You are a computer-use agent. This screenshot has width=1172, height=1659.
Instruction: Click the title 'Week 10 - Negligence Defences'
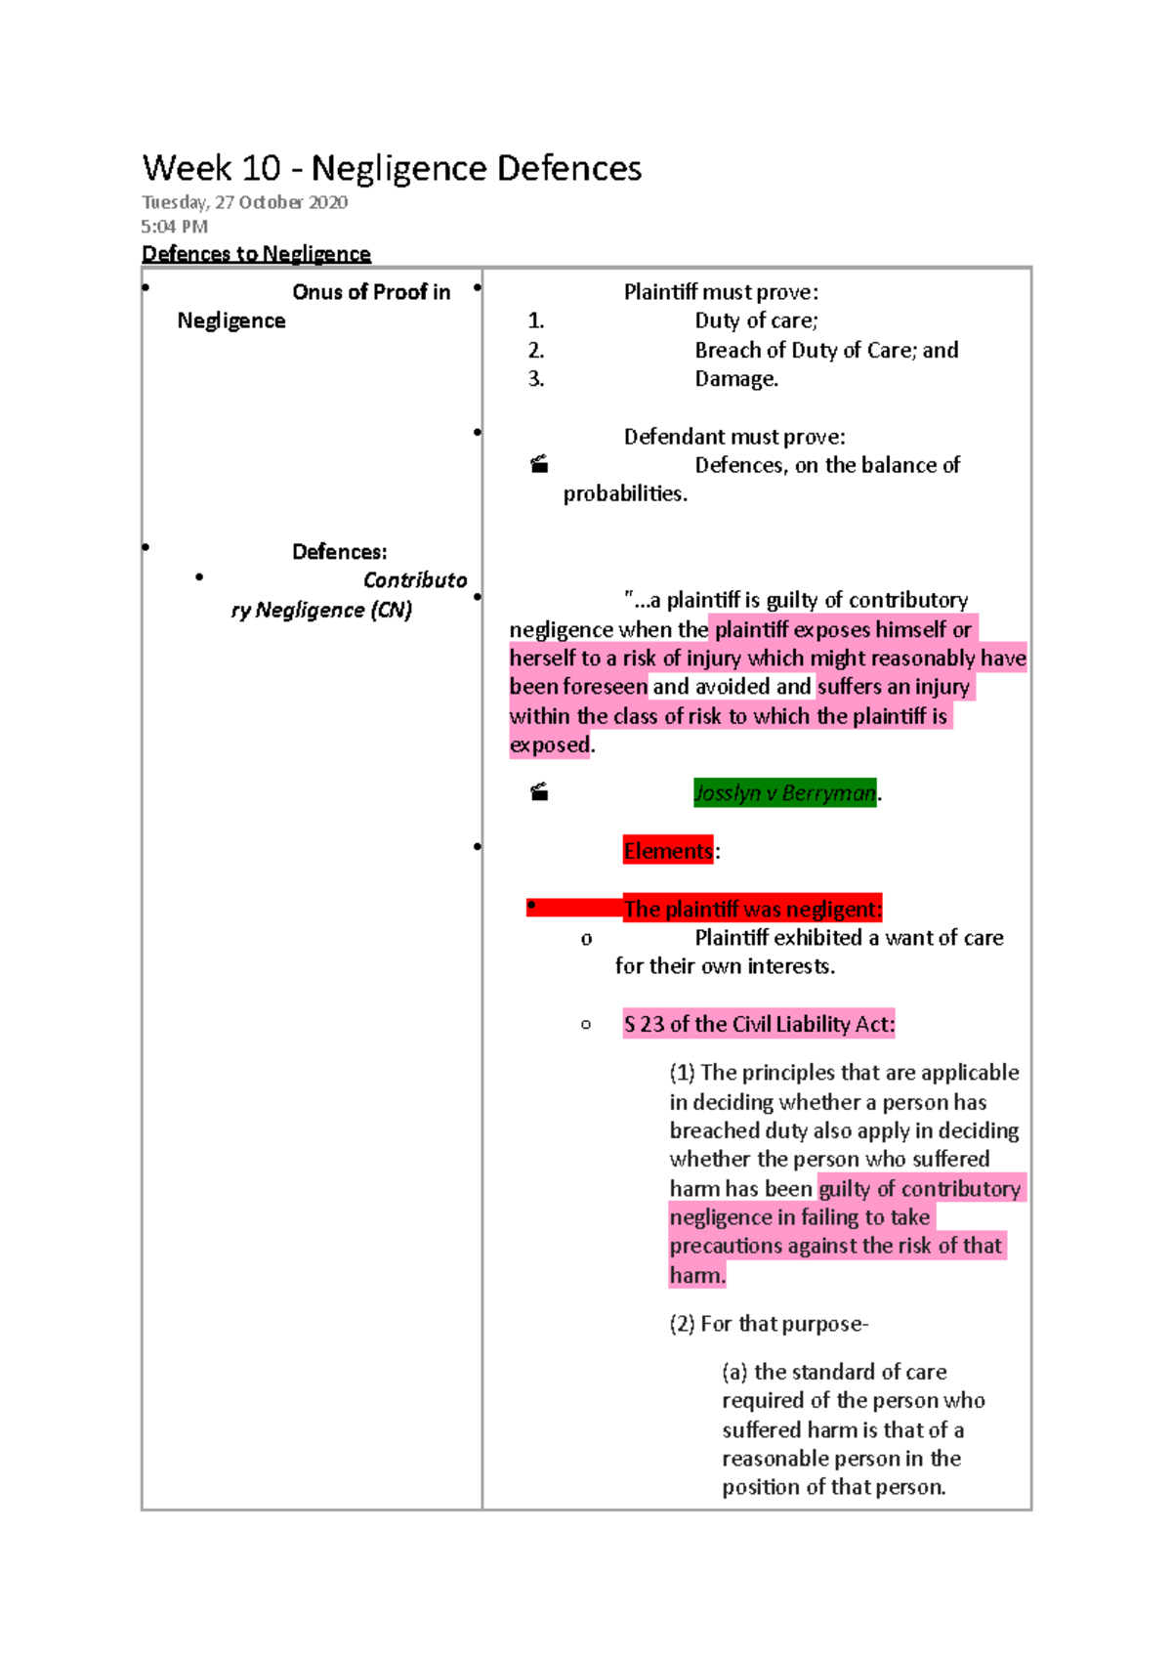392,168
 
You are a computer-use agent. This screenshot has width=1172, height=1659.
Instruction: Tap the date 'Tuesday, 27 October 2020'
244,202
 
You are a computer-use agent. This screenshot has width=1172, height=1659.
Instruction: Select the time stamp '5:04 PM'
174,227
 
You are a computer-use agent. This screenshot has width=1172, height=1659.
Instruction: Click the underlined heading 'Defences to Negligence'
256,254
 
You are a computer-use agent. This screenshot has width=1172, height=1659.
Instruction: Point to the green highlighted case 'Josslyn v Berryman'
784,792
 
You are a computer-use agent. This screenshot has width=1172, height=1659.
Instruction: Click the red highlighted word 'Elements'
668,851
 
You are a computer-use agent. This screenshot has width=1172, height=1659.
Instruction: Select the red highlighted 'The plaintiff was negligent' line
752,909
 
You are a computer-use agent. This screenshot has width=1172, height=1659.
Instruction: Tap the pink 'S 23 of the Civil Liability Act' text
759,1024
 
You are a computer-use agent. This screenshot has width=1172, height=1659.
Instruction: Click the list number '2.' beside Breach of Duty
536,350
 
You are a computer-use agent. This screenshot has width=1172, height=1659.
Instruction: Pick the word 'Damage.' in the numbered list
736,379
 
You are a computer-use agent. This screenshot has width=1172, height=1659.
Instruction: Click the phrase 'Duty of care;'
756,320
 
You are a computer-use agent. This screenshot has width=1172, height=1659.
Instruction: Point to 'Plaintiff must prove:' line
721,292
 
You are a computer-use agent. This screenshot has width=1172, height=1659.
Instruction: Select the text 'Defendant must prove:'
734,437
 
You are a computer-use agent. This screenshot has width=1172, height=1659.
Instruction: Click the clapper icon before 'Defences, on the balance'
539,465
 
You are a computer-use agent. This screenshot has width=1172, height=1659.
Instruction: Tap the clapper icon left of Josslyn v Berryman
539,792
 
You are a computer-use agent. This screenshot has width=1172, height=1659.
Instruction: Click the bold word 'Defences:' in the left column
339,552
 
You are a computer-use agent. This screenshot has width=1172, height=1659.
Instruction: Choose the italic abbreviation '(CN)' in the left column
391,610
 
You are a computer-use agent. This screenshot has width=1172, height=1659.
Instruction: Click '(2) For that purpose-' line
769,1324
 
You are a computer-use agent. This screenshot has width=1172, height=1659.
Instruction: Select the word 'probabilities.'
625,494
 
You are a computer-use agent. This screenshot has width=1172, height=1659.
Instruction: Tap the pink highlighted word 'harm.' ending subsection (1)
697,1275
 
